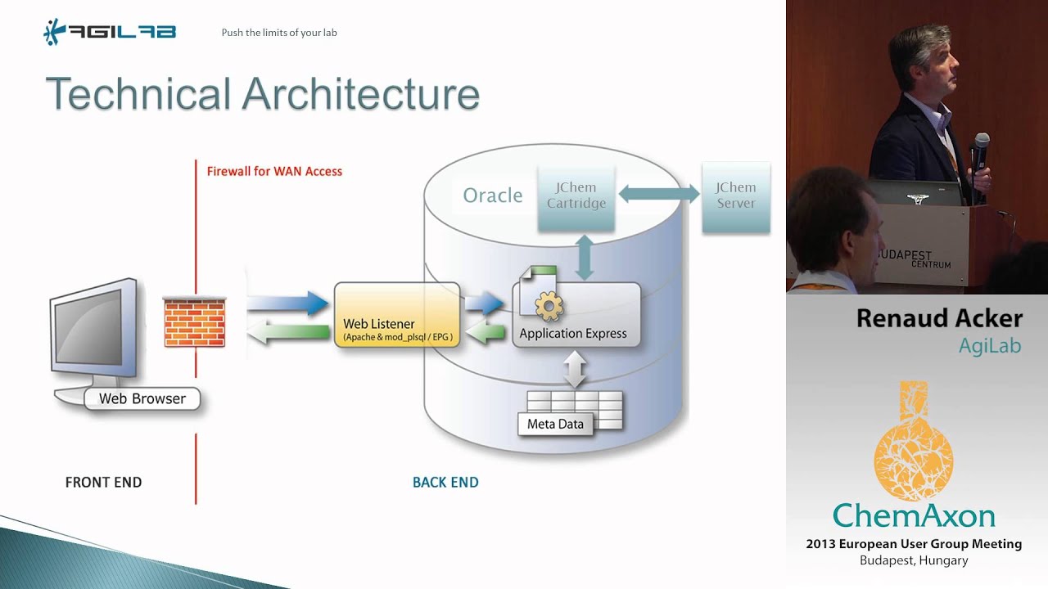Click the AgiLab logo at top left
pyautogui.click(x=109, y=33)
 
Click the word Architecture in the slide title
pyautogui.click(x=360, y=94)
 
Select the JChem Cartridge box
pyautogui.click(x=576, y=196)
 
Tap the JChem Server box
pyautogui.click(x=735, y=196)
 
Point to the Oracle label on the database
pyautogui.click(x=492, y=196)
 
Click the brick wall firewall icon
pyautogui.click(x=194, y=321)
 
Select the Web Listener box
pyautogui.click(x=397, y=316)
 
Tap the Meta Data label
pyautogui.click(x=555, y=424)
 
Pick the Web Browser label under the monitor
pyautogui.click(x=142, y=398)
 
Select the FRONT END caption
pyautogui.click(x=103, y=482)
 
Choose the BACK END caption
pyautogui.click(x=445, y=482)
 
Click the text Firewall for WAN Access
pyautogui.click(x=274, y=171)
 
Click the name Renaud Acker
pyautogui.click(x=938, y=317)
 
